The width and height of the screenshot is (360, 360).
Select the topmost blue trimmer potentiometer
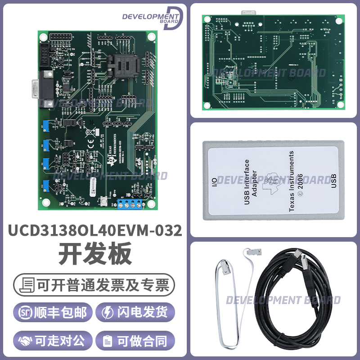pyautogui.click(x=46, y=124)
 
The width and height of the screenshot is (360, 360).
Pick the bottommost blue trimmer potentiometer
pyautogui.click(x=46, y=184)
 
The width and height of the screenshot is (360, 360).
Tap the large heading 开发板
pyautogui.click(x=95, y=254)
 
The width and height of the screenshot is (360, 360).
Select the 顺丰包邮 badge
pyautogui.click(x=54, y=312)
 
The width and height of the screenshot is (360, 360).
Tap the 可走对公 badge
pyautogui.click(x=54, y=341)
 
